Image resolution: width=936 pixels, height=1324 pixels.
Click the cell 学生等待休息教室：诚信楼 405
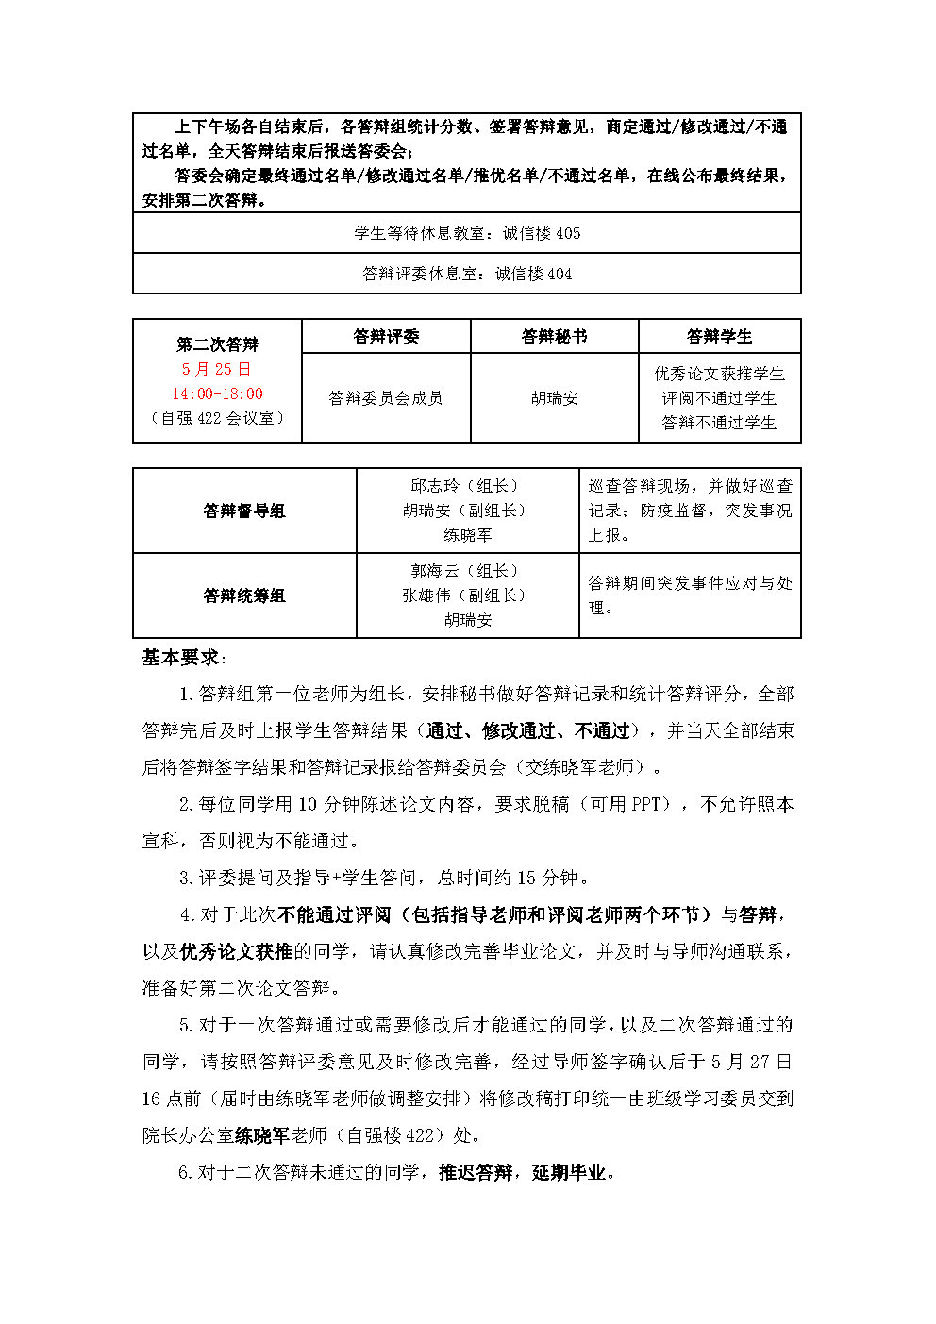[x=467, y=233]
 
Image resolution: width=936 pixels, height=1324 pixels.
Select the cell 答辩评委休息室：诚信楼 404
[x=467, y=274]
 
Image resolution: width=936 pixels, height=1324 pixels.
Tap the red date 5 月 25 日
[x=217, y=369]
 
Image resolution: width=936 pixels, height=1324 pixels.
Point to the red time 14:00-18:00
[x=217, y=394]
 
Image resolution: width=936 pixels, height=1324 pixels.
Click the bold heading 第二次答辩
[x=217, y=344]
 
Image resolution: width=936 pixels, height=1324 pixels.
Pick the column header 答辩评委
[x=386, y=336]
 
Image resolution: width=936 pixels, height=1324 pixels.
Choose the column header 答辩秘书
[x=554, y=336]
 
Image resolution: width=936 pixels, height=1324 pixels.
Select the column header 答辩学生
[x=719, y=336]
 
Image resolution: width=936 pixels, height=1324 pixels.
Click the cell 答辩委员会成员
[x=386, y=398]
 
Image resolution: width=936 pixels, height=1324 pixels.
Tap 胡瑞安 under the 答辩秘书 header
[x=554, y=398]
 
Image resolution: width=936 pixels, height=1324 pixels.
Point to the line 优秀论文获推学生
[x=719, y=374]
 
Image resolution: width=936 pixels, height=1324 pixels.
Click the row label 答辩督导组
[x=244, y=511]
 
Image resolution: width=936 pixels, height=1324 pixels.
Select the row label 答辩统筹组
[x=244, y=595]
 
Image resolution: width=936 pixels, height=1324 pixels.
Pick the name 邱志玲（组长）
[x=467, y=486]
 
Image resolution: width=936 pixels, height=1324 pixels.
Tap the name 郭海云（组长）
[x=467, y=571]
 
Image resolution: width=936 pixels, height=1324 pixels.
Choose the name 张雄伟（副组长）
[x=467, y=595]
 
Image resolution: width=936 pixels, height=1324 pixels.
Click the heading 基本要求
[x=181, y=658]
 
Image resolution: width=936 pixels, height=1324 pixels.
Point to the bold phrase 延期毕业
[x=569, y=1172]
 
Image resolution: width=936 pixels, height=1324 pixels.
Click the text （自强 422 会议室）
[x=217, y=418]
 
